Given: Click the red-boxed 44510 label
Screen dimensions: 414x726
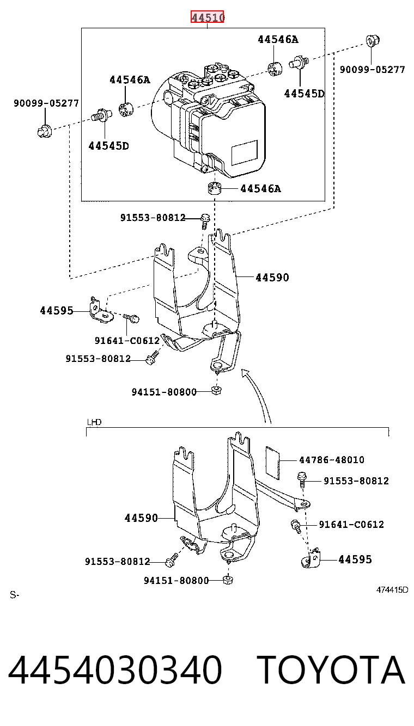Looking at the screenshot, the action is pos(208,17).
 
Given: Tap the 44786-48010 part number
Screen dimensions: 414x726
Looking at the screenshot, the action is pos(332,459).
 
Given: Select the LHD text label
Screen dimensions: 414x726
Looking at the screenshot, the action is pos(94,422).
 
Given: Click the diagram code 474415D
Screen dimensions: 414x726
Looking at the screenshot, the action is pos(392,590).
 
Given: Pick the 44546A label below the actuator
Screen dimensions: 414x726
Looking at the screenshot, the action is pos(260,189).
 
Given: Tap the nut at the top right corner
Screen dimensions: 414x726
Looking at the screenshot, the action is pos(373,41).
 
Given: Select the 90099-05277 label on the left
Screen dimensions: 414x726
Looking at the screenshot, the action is pos(46,103).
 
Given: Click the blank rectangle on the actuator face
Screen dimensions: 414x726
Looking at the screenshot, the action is pos(244,152).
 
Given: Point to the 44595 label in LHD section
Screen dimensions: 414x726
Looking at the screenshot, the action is pos(355,559).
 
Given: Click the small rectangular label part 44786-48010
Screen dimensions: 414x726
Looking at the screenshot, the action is pos(272,463).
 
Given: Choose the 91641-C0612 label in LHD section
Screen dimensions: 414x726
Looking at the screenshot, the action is pos(351,525).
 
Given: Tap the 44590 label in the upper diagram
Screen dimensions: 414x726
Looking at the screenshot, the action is pos(272,278).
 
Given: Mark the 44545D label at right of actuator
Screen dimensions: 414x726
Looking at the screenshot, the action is pos(304,94).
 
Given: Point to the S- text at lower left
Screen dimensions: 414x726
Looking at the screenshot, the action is pos(15,595).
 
